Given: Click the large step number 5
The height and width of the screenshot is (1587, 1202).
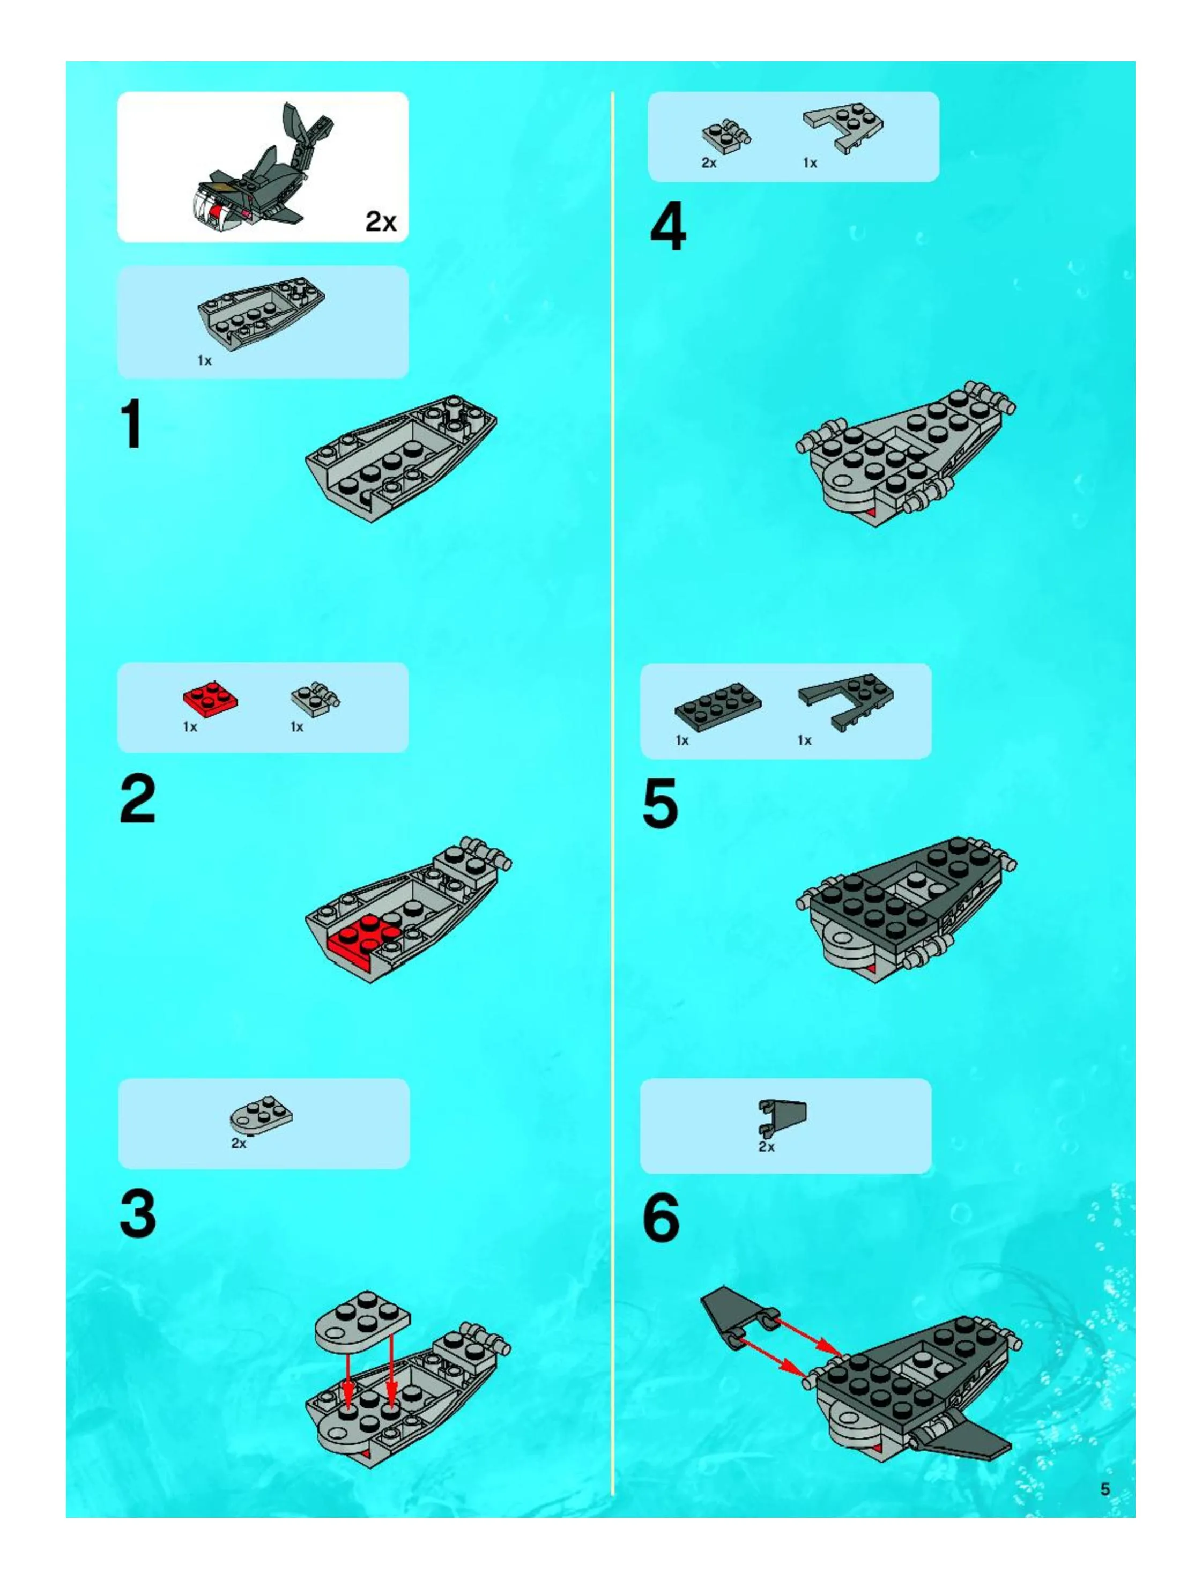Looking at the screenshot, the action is pyautogui.click(x=660, y=804).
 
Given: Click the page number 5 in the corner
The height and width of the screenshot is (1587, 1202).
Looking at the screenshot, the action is pyautogui.click(x=1105, y=1489).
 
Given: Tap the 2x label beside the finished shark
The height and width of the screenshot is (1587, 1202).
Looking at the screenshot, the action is pyautogui.click(x=381, y=221).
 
